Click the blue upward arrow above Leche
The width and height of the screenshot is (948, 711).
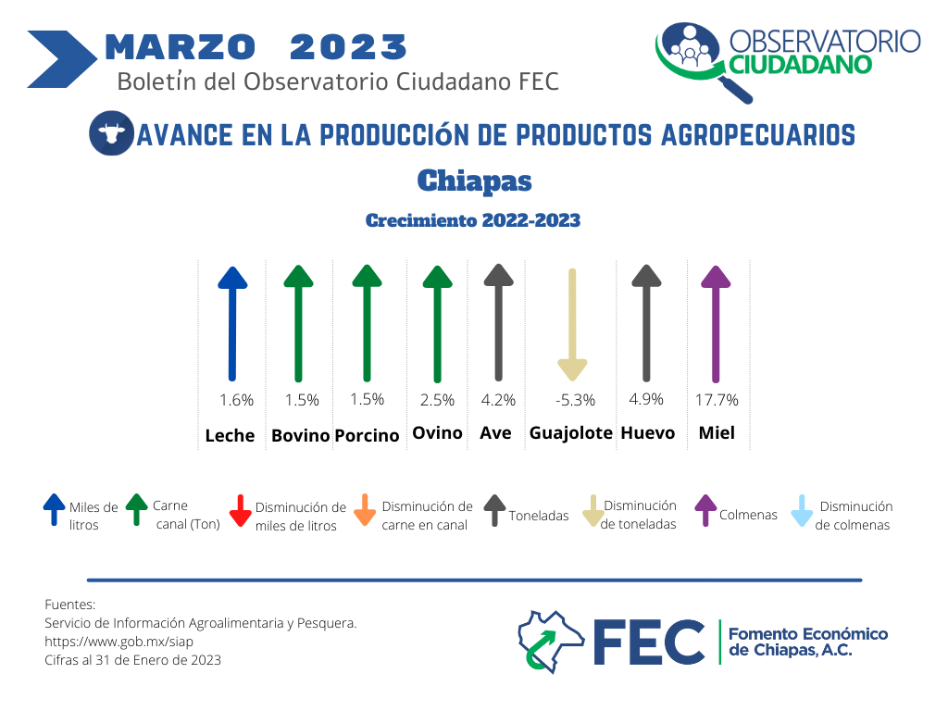coord(232,323)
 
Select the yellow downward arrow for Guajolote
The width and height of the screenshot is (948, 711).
coord(572,325)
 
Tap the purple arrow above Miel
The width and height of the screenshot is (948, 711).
coord(716,324)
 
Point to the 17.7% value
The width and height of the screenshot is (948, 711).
coord(717,400)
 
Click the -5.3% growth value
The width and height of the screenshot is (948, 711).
coord(575,400)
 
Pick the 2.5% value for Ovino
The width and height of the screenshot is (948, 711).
coord(437,400)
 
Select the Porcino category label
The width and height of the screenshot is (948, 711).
coord(367,435)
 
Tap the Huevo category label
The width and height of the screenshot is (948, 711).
coord(647,433)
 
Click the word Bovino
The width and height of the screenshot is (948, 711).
coord(301,435)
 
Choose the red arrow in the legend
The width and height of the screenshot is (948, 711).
coord(240,511)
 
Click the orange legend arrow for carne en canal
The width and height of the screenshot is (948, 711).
coord(365,510)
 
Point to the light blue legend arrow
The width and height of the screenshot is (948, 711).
coord(802,511)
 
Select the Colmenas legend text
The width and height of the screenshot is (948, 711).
coord(748,515)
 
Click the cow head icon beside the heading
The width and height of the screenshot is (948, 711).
coord(111,133)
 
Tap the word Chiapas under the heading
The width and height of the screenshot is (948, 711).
coord(474,181)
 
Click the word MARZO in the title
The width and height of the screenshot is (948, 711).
coord(181,47)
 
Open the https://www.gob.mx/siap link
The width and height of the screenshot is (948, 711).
coord(118,642)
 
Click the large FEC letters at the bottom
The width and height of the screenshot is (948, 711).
coord(649,642)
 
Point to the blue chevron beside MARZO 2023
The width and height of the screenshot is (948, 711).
coord(62,59)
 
